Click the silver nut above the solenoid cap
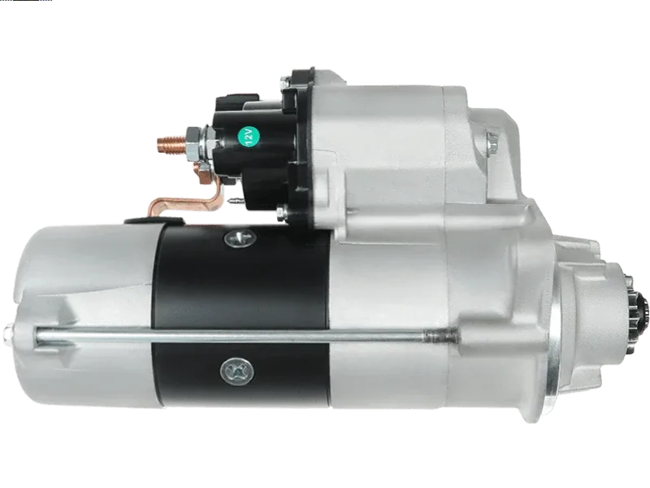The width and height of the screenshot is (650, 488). pyautogui.click(x=285, y=83)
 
